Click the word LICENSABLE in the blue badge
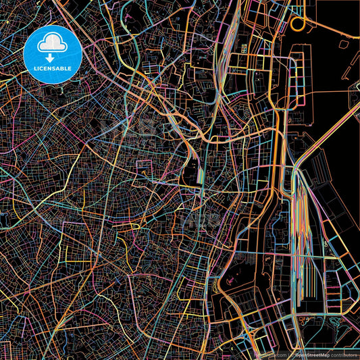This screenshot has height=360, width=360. [57, 68]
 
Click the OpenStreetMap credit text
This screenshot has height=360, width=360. [315, 354]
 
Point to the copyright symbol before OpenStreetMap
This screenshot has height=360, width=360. [292, 354]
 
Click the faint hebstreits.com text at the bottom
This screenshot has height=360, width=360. [270, 354]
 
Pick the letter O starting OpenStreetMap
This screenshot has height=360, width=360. [297, 354]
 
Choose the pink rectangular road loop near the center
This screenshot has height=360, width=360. [144, 169]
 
